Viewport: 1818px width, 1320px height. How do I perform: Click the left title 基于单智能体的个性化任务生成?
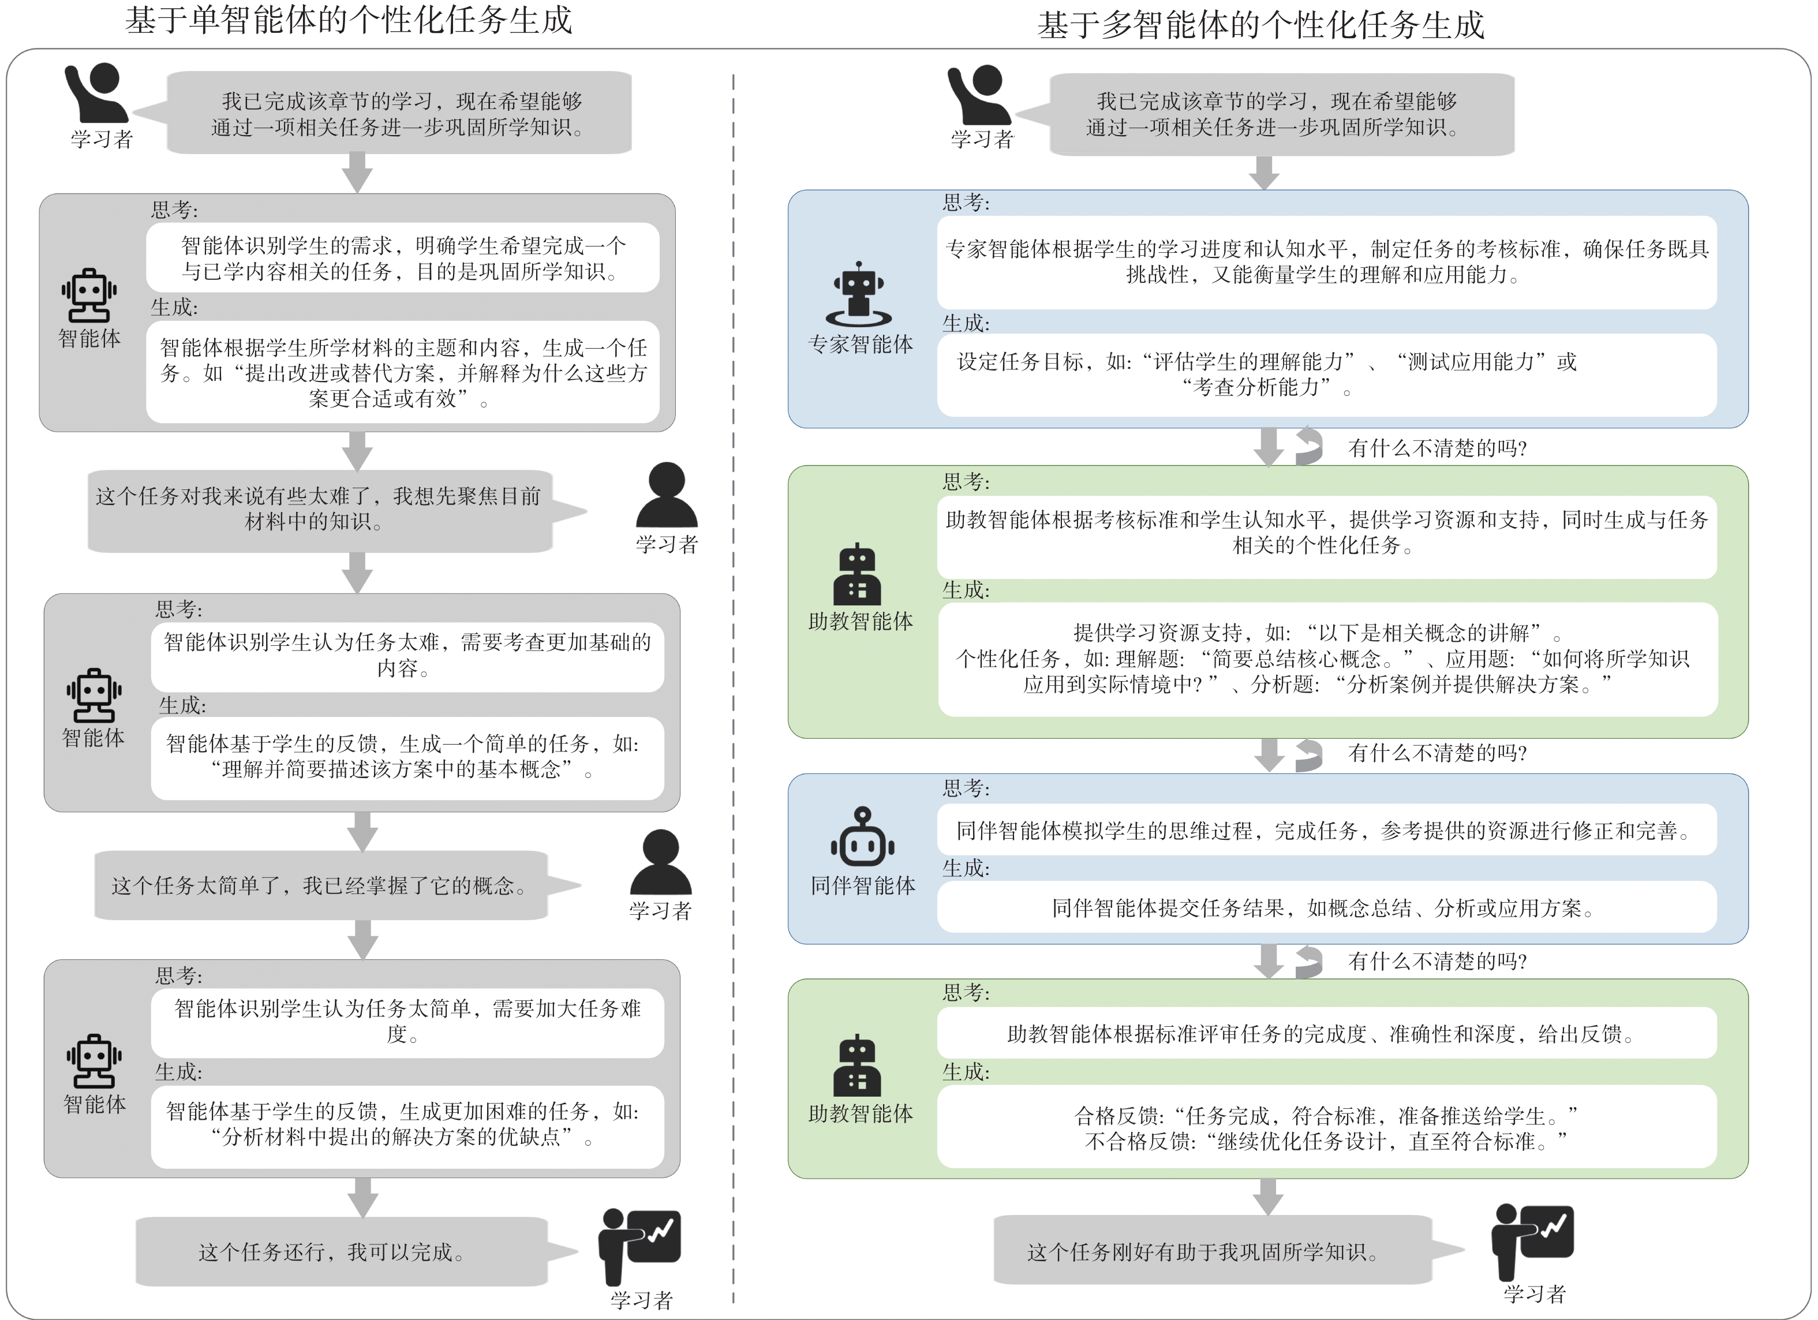point(349,21)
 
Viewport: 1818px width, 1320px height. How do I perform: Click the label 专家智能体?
point(860,345)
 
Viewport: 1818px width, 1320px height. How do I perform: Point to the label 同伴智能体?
point(862,885)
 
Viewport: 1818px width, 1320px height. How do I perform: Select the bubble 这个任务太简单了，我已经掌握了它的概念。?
point(321,885)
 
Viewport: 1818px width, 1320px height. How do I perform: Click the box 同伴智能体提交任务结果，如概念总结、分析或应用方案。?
point(1327,908)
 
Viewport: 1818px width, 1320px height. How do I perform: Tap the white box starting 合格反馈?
point(1327,1128)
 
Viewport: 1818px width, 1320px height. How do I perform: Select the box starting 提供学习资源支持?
point(1327,659)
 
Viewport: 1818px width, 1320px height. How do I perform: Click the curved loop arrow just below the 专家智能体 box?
point(1308,446)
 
